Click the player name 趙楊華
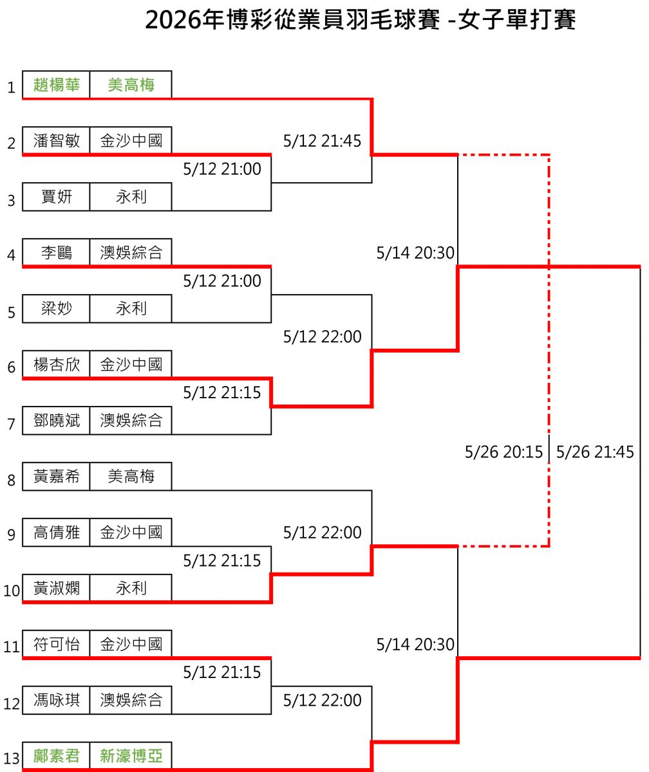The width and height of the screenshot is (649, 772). (56, 85)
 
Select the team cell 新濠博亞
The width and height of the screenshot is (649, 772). (131, 756)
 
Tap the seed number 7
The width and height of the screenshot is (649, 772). (12, 424)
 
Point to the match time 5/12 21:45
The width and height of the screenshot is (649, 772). (322, 141)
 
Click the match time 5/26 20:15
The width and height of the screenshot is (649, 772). (503, 452)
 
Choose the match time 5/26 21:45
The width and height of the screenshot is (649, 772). (595, 452)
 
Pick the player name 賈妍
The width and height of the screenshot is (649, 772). (56, 197)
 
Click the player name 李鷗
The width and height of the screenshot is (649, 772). (56, 253)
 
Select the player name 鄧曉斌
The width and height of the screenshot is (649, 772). (56, 420)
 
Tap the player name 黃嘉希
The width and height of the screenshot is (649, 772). (56, 476)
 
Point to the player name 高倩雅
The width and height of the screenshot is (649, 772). (56, 533)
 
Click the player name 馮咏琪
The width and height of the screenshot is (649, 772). (56, 700)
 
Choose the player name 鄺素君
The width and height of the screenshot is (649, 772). (56, 756)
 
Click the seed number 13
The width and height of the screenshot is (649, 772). (11, 758)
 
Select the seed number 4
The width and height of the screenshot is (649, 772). (12, 255)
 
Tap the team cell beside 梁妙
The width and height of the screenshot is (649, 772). (131, 308)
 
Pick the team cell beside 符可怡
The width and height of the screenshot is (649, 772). (131, 644)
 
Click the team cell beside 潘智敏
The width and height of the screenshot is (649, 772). (131, 141)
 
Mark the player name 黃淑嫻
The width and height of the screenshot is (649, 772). (56, 588)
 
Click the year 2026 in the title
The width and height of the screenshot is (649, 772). (173, 20)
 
